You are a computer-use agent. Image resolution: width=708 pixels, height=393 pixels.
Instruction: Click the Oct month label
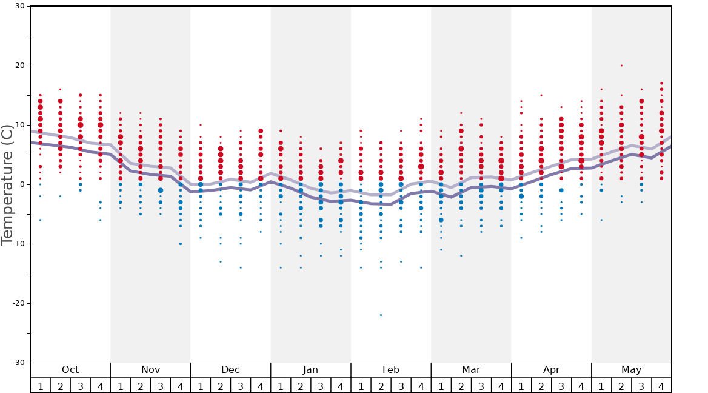(70, 370)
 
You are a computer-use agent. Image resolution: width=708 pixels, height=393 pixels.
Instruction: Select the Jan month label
(310, 370)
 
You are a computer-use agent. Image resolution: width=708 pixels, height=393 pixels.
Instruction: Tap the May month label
(631, 370)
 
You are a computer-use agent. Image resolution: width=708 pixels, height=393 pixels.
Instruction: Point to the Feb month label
(391, 370)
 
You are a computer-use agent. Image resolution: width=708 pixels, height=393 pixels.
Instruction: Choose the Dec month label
(230, 370)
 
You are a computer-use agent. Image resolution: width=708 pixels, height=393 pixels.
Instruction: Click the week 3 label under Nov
(161, 386)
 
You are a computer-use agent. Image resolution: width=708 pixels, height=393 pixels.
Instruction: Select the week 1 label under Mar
(441, 386)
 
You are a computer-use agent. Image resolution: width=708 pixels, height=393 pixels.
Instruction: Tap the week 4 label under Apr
(581, 386)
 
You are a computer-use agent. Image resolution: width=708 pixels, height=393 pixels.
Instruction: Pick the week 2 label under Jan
(301, 386)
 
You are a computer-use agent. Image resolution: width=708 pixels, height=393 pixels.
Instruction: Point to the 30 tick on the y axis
(19, 6)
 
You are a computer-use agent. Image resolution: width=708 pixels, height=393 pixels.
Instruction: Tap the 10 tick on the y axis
(19, 125)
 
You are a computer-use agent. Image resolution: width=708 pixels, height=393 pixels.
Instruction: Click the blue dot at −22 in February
(381, 315)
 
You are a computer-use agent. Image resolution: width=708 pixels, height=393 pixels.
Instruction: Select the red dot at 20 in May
(621, 65)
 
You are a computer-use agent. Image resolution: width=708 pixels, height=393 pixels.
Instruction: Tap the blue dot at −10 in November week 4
(181, 244)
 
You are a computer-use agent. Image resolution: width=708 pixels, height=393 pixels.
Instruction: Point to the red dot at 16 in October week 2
(60, 89)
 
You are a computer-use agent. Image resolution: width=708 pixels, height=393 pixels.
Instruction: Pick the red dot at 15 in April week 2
(541, 95)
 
